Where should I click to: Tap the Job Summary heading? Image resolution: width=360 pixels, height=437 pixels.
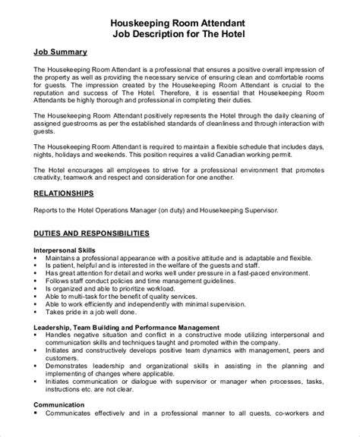click(x=60, y=52)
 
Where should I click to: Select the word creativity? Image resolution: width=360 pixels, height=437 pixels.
click(x=52, y=184)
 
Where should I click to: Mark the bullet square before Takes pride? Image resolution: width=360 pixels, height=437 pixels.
click(x=37, y=312)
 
